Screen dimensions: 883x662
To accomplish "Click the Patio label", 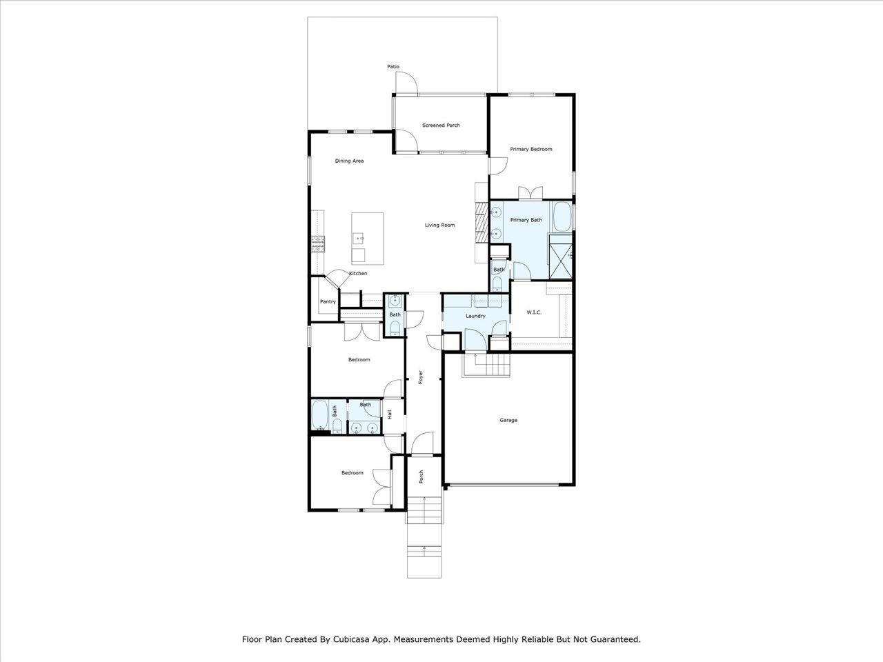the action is coord(393,67).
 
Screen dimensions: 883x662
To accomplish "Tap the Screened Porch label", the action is coord(441,126).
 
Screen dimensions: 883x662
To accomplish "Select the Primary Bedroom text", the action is coord(531,149).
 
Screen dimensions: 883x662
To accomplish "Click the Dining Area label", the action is coord(349,161).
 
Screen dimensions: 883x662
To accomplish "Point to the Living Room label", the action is coord(439,225).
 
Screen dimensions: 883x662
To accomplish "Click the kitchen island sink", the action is coord(358,239).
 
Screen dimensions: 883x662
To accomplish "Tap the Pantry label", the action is coord(328,301).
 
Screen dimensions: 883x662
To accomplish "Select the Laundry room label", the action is coord(475,316).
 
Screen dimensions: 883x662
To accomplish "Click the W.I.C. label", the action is coord(534,312).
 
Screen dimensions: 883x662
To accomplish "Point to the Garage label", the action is coord(508,420).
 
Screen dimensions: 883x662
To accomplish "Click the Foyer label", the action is coord(421,377).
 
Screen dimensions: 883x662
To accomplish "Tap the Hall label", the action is coord(389,415).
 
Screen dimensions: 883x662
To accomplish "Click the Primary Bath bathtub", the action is coord(562,217).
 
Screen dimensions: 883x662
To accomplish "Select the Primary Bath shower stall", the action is coord(560,257).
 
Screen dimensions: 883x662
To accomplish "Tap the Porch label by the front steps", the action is coord(421,477).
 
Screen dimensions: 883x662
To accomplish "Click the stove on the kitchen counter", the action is coord(318,244).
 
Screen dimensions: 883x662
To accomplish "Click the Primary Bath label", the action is coord(526,220).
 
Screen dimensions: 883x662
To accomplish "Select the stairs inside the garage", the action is coord(486,365).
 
